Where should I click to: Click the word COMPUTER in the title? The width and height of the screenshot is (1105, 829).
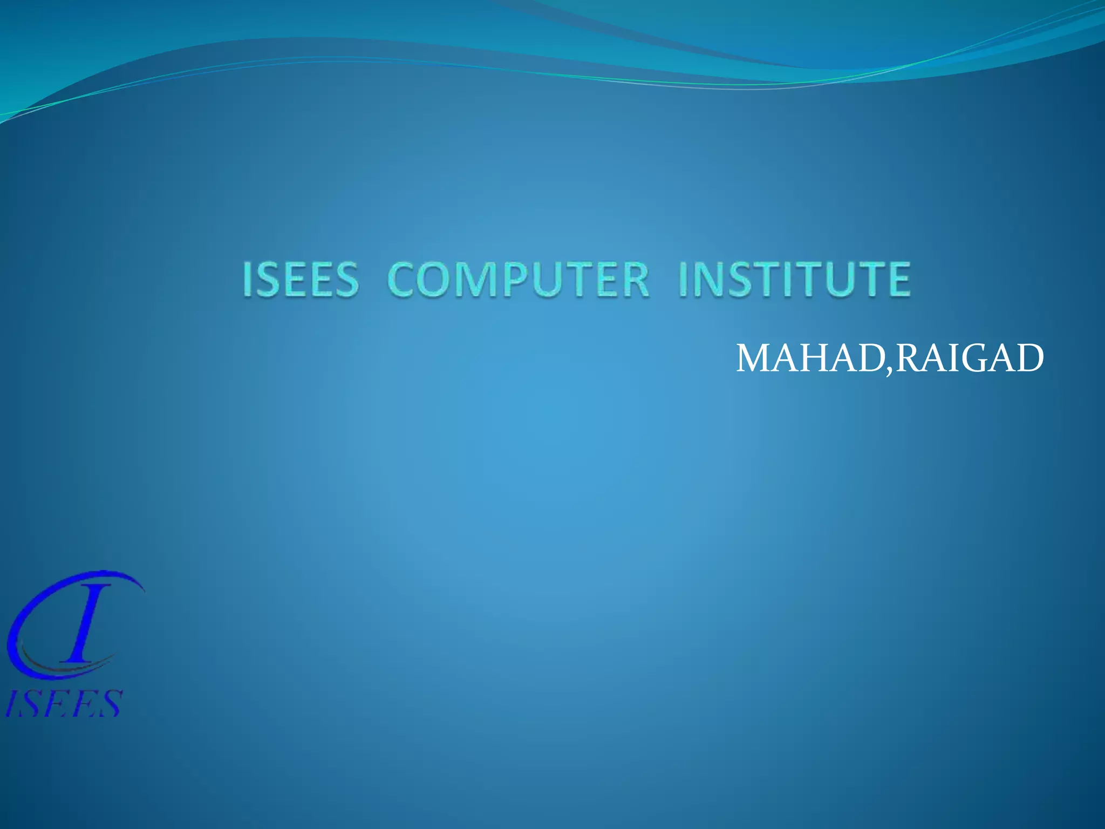518,279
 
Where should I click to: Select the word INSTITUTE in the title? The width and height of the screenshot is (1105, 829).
795,279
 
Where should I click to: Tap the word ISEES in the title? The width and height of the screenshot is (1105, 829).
301,279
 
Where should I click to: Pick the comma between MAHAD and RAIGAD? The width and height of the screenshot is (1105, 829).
889,370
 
